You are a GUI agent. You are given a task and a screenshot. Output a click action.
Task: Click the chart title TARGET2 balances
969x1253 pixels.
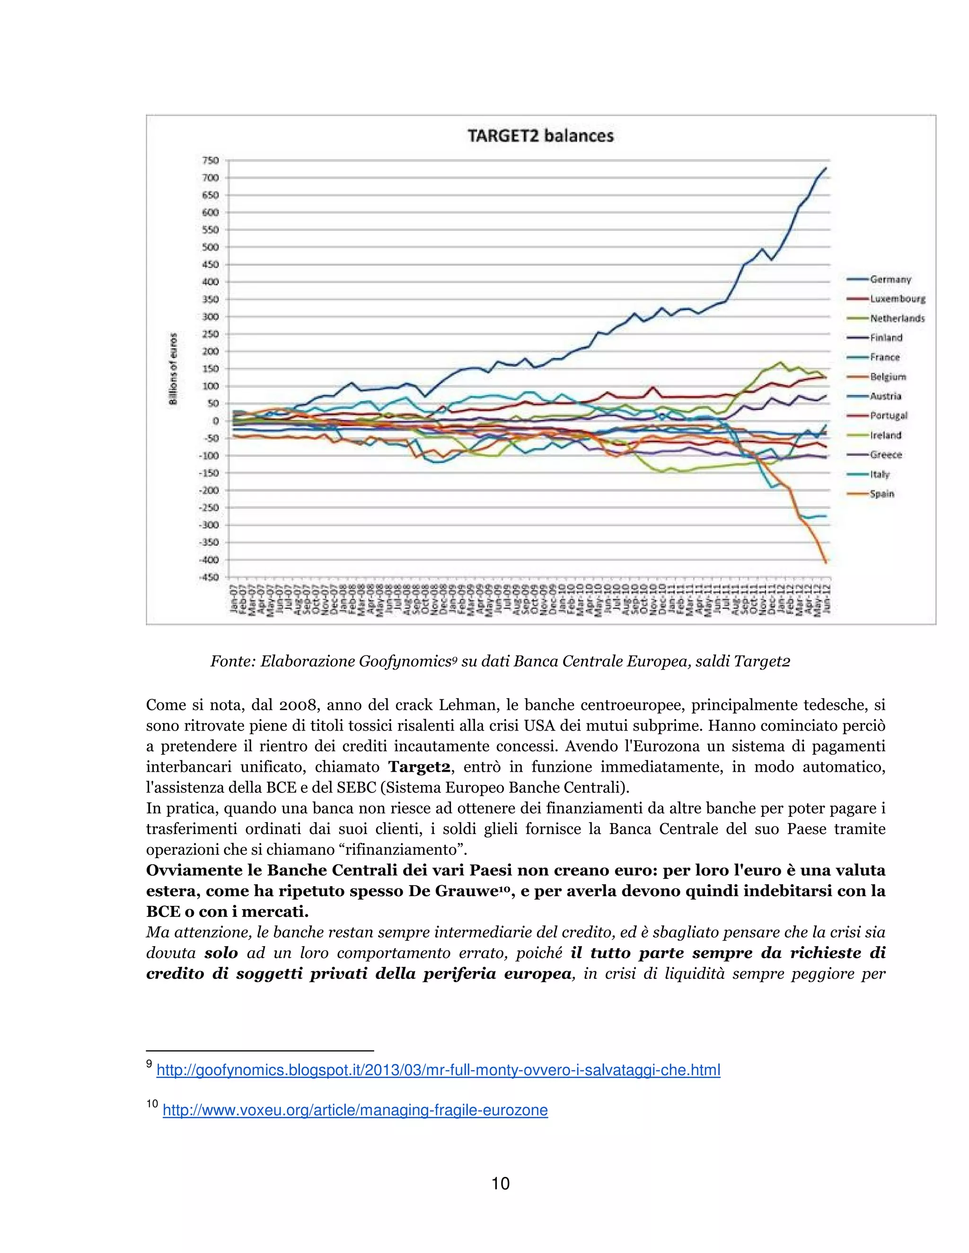(540, 136)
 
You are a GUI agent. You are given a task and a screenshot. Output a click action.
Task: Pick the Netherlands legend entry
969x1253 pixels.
(897, 318)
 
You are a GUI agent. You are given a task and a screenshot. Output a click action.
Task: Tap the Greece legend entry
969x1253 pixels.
(886, 455)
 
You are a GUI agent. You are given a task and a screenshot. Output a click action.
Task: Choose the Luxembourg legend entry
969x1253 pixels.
(897, 299)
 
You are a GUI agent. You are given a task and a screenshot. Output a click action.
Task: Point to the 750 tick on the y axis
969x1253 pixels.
(211, 160)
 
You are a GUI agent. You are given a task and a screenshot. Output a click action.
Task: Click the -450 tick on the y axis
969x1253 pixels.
(209, 577)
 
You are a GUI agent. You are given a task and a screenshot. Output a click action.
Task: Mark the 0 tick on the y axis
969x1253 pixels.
(215, 420)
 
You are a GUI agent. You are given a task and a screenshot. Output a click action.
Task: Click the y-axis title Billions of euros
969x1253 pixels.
(173, 369)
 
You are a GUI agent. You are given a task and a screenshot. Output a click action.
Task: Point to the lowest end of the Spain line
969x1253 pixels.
(826, 562)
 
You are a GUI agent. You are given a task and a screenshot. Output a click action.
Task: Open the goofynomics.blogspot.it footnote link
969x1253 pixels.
(438, 1070)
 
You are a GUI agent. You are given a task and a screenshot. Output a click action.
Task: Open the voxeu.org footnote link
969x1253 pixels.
(355, 1110)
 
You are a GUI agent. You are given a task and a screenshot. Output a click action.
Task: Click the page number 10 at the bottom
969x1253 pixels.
(501, 1183)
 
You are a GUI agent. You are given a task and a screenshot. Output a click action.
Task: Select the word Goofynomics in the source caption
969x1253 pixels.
(404, 661)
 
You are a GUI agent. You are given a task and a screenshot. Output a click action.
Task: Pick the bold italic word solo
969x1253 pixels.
(221, 953)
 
